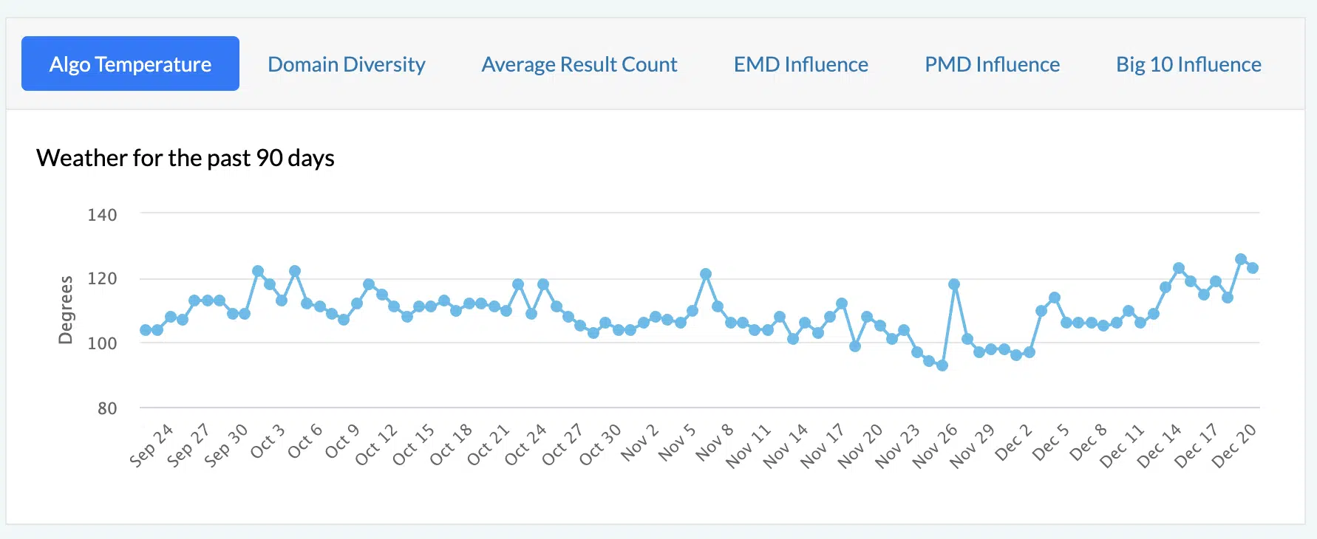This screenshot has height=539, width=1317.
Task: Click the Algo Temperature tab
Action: tap(130, 64)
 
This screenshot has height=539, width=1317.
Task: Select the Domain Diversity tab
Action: tap(346, 64)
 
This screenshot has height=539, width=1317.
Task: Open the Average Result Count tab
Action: tap(579, 64)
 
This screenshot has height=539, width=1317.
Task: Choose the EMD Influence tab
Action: tap(800, 64)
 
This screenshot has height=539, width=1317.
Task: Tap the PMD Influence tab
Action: tap(992, 64)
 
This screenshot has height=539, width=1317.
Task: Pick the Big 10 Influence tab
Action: tap(1188, 64)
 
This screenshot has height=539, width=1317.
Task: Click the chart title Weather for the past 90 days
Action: tap(186, 158)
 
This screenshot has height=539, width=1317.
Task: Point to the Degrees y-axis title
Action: tap(66, 310)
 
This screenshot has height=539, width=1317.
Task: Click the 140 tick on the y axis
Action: tap(102, 215)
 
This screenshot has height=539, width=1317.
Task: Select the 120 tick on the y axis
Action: tap(102, 278)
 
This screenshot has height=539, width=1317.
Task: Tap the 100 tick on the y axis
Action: tap(102, 343)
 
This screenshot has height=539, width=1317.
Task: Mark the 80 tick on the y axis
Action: tap(107, 408)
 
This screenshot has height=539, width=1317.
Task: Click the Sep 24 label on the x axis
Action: tap(152, 445)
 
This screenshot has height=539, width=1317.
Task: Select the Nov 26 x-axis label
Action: tap(935, 446)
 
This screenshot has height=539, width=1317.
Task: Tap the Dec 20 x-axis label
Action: tap(1234, 446)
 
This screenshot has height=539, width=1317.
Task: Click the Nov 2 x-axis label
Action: tap(640, 442)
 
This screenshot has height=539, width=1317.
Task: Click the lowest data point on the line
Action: tap(942, 365)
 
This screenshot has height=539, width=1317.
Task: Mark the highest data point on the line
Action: tap(1241, 259)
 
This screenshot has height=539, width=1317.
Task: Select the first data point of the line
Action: tap(146, 330)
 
